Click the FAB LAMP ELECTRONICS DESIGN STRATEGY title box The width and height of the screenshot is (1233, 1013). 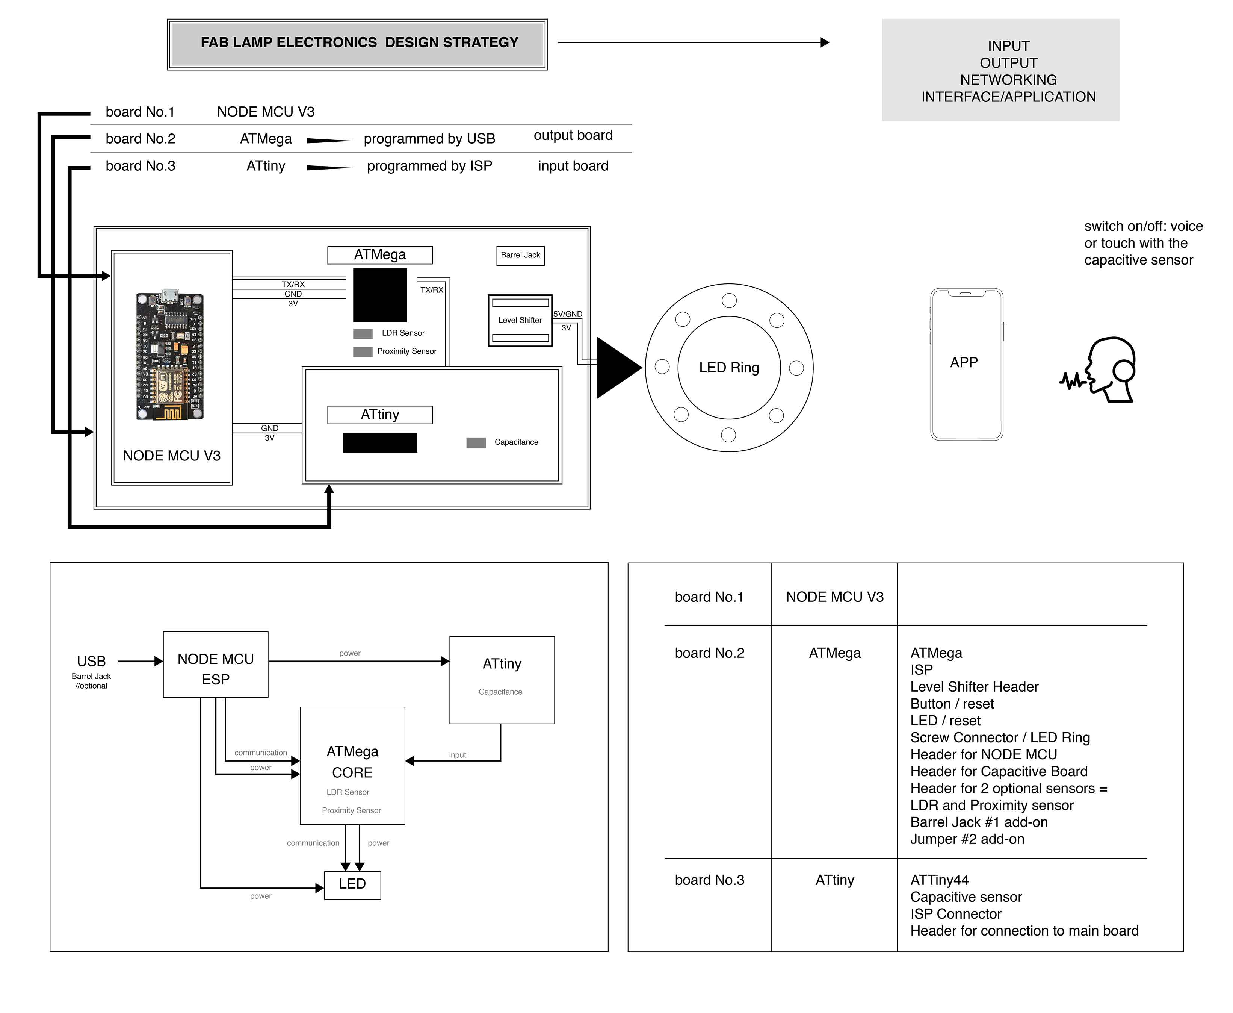357,44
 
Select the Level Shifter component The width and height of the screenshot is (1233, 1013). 520,320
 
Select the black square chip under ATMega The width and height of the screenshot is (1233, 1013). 380,295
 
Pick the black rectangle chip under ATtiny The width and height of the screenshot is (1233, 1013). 380,443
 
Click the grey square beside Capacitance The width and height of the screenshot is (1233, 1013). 476,443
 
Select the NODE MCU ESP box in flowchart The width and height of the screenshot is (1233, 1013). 215,665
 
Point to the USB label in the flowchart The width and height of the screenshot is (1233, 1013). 92,661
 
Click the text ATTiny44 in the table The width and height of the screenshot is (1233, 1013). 939,880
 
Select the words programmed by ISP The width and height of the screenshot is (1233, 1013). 429,166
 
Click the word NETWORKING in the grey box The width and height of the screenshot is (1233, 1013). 1008,80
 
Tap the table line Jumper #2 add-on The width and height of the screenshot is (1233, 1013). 967,839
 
